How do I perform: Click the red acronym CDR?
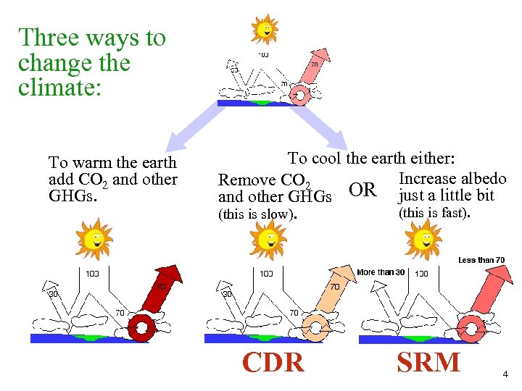[273, 361]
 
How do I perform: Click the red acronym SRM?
[428, 361]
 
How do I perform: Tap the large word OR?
[362, 190]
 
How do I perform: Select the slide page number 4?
[505, 374]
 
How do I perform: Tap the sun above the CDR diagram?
[269, 237]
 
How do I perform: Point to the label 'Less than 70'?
[481, 260]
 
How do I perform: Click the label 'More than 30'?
[381, 272]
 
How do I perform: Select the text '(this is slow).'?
[257, 214]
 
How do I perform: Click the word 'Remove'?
[247, 180]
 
